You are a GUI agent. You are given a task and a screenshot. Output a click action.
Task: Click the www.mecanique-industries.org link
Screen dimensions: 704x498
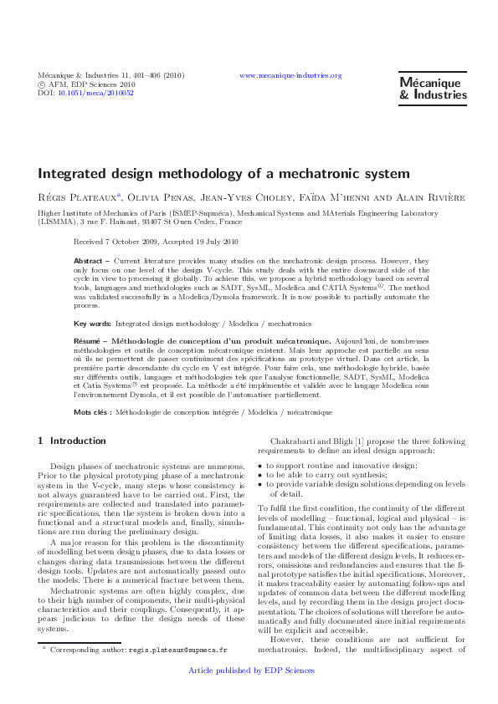[x=290, y=75]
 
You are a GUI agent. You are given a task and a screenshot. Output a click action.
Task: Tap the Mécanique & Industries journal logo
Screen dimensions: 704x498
[x=433, y=89]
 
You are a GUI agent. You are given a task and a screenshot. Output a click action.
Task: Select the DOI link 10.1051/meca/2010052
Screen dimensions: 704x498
[x=95, y=93]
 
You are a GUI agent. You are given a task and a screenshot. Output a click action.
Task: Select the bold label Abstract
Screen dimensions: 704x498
[x=88, y=261]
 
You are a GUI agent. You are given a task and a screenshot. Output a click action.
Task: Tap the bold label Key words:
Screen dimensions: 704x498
[x=92, y=323]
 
